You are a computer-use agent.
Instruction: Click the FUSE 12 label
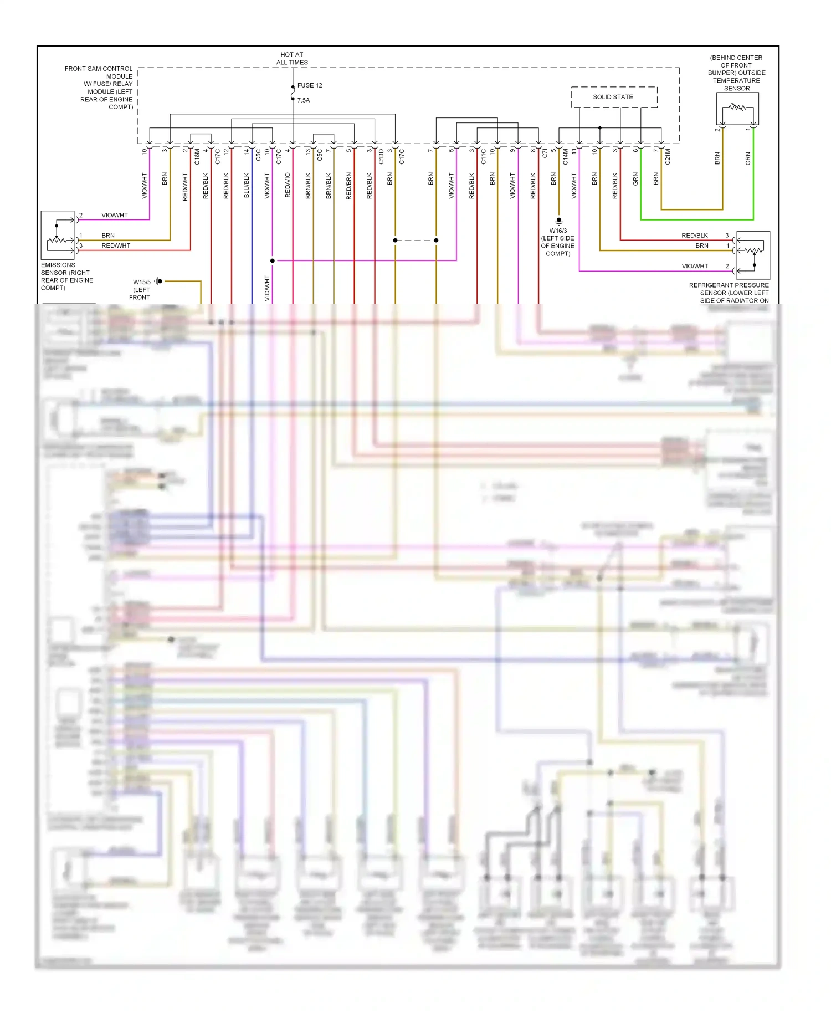coord(309,85)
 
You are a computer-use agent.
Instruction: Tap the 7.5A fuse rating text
coord(304,100)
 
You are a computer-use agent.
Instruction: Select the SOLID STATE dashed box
coord(614,97)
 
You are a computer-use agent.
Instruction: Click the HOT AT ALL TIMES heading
coord(292,59)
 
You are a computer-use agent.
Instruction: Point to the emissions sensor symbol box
coord(58,235)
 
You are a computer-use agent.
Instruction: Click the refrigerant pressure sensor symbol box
coord(752,255)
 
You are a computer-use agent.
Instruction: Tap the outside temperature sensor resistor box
coord(737,109)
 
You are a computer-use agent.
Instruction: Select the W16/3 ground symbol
coord(558,221)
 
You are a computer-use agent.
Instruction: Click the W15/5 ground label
coord(142,282)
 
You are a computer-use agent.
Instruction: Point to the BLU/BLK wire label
coord(247,185)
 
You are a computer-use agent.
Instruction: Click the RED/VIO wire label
coord(288,185)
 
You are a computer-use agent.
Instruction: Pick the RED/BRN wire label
coord(349,186)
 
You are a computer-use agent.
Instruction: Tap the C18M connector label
coord(197,156)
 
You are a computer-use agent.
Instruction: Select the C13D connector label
coord(381,156)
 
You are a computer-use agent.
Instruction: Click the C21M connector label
coord(668,156)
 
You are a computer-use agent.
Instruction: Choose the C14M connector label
coord(565,156)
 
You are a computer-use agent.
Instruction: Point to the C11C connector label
coord(483,156)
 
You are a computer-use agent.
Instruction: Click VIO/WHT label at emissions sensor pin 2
coord(114,215)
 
